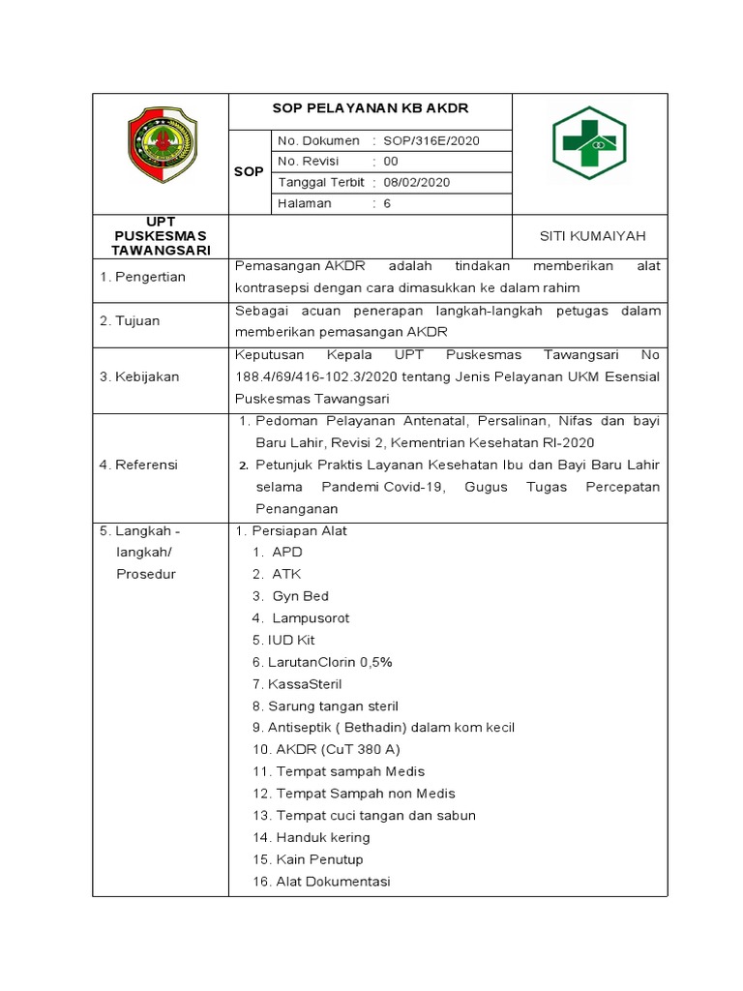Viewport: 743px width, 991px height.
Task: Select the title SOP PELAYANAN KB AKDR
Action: [369, 108]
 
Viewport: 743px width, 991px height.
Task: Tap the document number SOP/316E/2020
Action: [431, 140]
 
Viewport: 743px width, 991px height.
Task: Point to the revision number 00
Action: [391, 161]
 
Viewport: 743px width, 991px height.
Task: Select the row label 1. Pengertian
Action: [143, 277]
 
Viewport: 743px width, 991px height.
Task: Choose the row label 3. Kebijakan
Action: [139, 376]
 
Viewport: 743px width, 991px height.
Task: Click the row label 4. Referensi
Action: [139, 465]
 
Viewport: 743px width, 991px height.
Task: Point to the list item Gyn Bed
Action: [300, 596]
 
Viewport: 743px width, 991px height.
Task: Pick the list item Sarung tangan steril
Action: [333, 706]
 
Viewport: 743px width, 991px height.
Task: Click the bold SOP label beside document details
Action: [249, 171]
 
